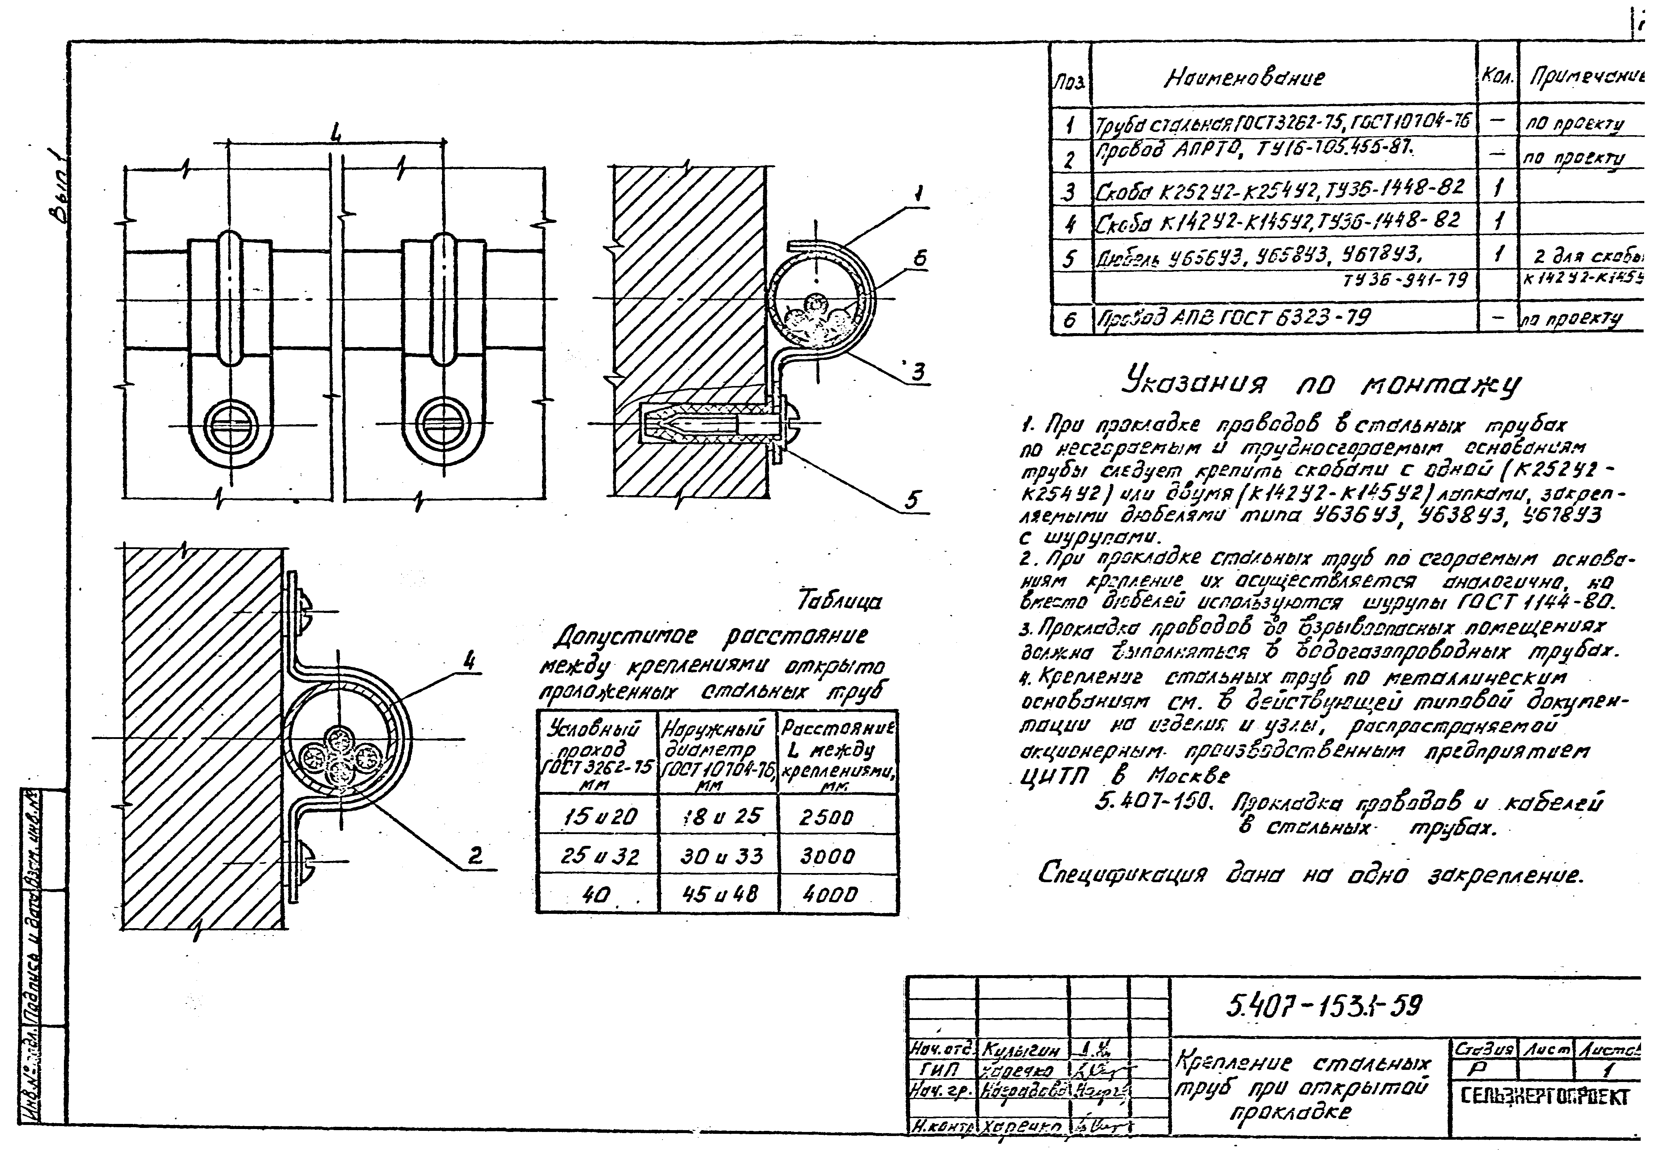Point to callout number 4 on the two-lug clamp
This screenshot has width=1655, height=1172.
469,660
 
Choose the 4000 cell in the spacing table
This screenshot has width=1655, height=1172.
829,895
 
